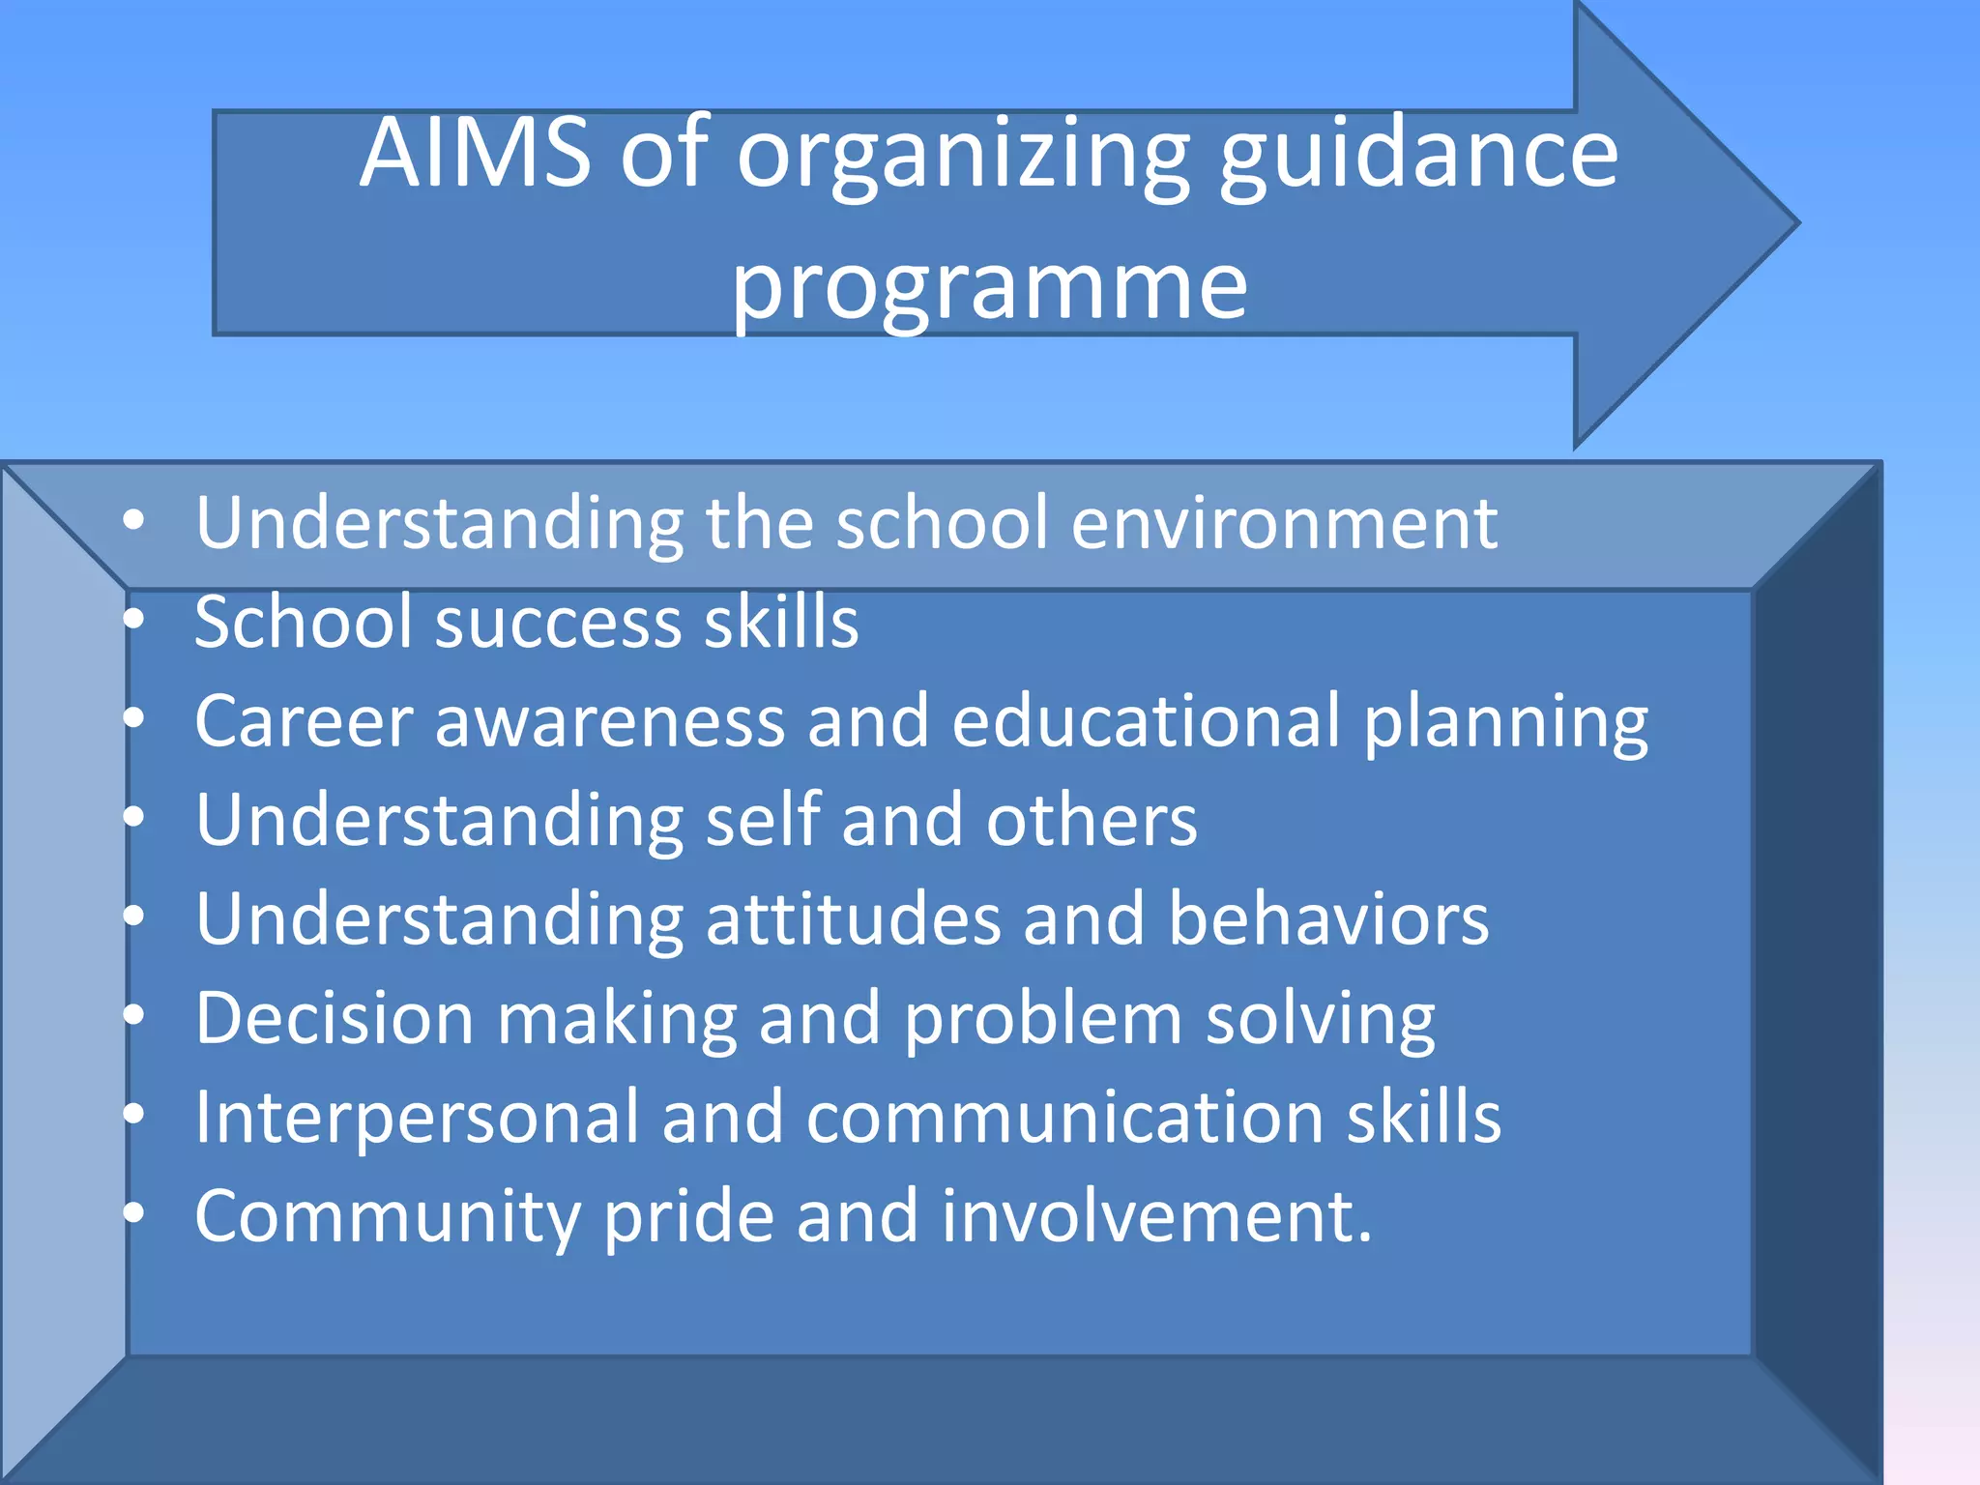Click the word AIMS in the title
tap(475, 153)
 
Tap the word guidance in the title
tap(1417, 155)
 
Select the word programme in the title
tap(989, 286)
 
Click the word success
tap(559, 622)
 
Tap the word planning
tap(1505, 723)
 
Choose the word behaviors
tap(1328, 919)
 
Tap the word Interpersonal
tap(417, 1118)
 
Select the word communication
tap(1064, 1118)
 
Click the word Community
tap(387, 1217)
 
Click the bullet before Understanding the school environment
tap(133, 522)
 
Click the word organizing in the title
tap(963, 155)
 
